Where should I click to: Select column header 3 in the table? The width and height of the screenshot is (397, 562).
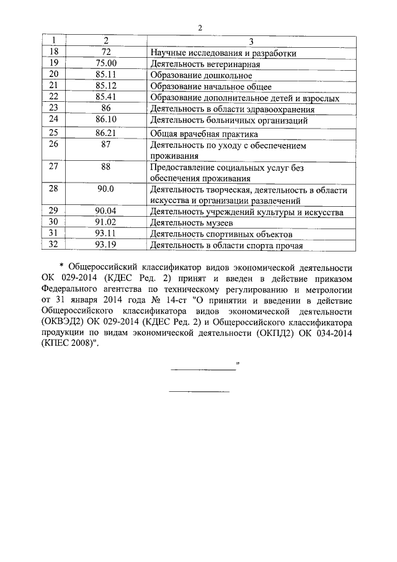tap(251, 42)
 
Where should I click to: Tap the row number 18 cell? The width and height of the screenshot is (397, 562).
tap(53, 53)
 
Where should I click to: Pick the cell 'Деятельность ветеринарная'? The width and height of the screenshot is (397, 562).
tap(205, 64)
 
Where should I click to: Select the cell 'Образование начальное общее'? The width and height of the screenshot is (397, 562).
tap(211, 86)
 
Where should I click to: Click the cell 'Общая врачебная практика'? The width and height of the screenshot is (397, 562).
tap(204, 134)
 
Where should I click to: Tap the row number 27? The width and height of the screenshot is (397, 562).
tap(53, 168)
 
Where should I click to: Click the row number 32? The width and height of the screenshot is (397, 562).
tap(53, 245)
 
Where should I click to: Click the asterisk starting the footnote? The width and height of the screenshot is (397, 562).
tap(61, 267)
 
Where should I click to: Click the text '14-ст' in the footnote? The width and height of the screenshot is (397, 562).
tap(164, 301)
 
